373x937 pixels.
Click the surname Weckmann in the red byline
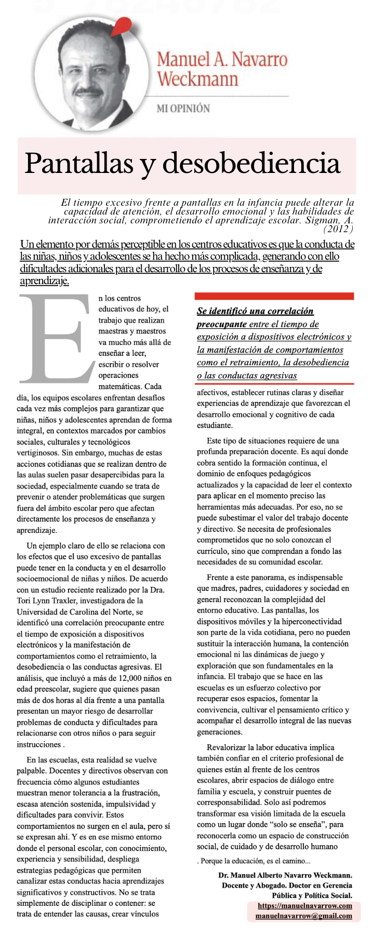click(197, 79)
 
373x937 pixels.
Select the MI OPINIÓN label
click(183, 109)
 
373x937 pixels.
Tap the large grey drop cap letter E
click(55, 338)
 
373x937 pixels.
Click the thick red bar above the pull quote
click(274, 296)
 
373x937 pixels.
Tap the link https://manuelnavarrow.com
click(305, 905)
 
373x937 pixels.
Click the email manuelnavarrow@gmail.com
click(303, 916)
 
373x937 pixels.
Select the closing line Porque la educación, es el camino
click(254, 861)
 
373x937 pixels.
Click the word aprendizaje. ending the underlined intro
click(44, 281)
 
